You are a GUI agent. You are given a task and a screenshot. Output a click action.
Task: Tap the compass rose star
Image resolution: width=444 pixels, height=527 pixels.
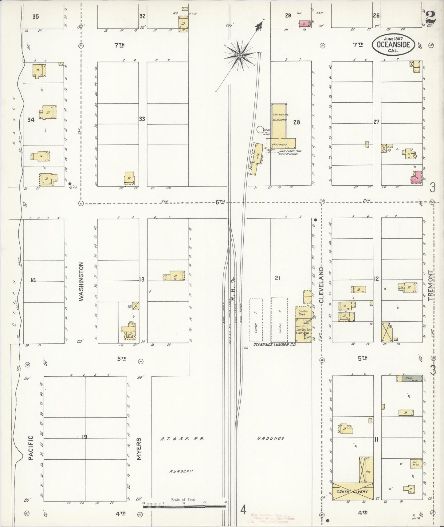point(240,55)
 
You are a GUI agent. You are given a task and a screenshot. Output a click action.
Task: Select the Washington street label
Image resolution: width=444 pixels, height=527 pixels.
point(81,281)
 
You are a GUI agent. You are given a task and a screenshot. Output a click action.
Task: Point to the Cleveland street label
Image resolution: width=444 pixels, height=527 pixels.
point(321,285)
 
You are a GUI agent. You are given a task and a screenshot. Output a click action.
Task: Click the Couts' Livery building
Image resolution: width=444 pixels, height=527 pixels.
point(353,492)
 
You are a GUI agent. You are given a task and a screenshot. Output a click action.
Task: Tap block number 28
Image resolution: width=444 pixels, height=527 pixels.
point(297,122)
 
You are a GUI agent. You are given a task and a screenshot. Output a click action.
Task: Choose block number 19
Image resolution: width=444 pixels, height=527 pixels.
point(84,437)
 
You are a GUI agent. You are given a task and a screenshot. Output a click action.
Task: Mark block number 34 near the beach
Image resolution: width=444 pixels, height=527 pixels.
point(31,120)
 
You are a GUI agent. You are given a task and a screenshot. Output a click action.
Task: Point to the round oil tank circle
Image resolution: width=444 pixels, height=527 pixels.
point(260,130)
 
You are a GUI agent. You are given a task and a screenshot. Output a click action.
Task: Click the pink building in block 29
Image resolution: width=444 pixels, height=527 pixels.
point(304,24)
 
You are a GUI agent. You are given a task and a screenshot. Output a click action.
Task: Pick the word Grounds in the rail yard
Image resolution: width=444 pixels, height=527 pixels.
point(270,438)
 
